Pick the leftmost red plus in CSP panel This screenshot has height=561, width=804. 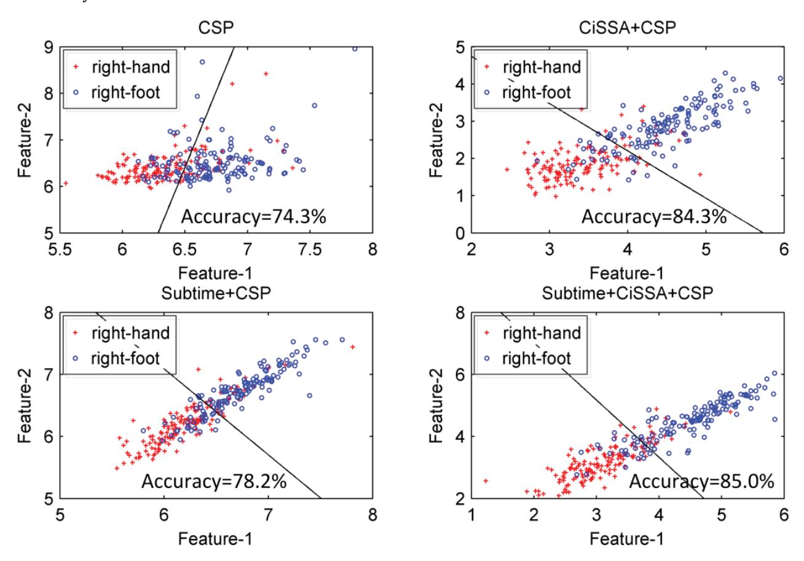(x=65, y=183)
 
